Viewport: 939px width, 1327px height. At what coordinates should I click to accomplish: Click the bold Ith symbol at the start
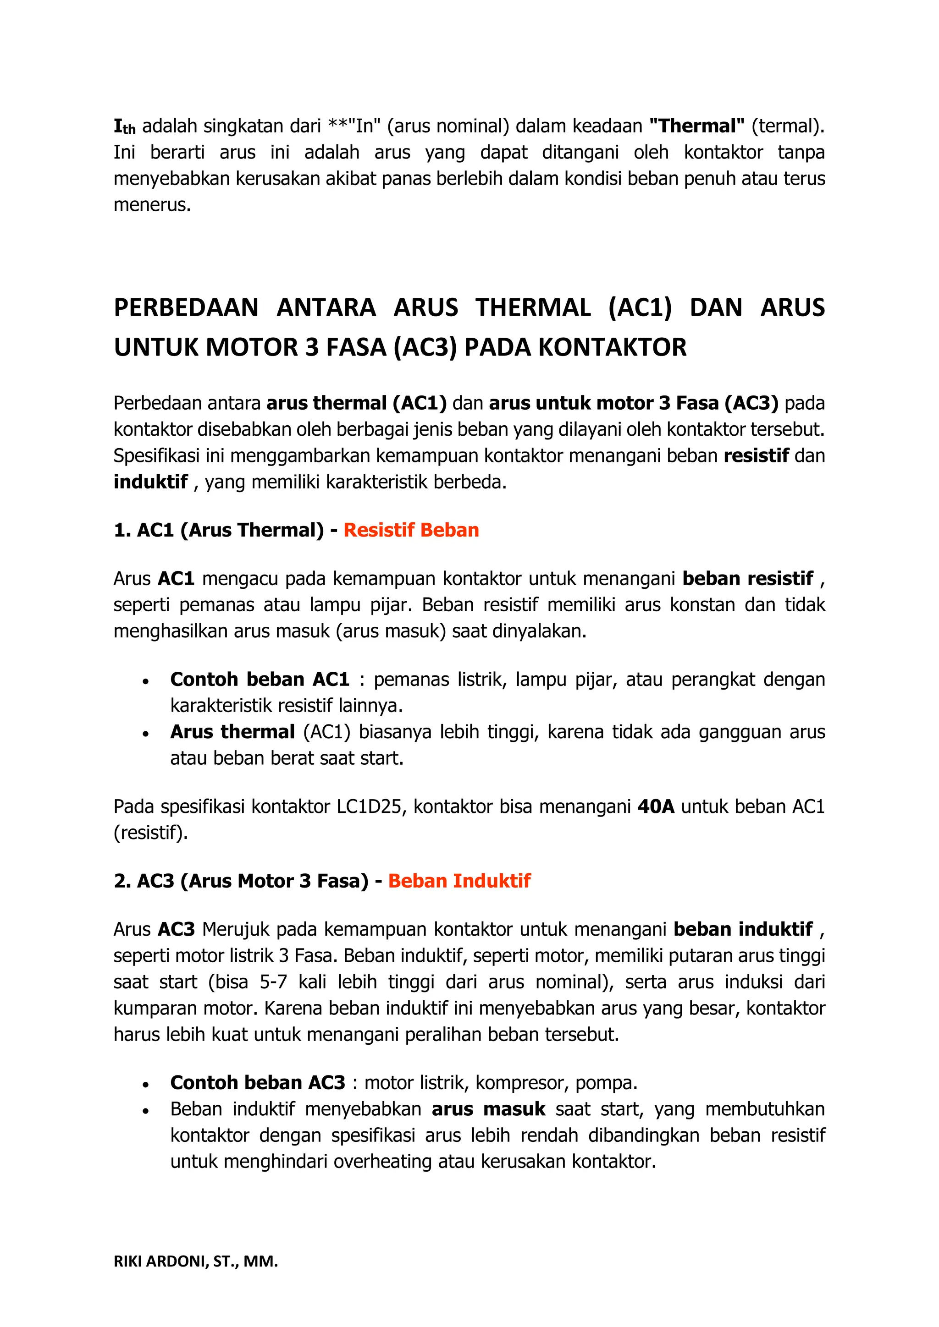(x=124, y=126)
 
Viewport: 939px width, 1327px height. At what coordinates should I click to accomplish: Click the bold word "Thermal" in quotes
(x=697, y=126)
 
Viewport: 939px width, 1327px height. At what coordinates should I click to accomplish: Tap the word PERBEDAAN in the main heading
(x=186, y=307)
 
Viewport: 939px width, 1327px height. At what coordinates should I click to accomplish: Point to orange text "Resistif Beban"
(x=411, y=530)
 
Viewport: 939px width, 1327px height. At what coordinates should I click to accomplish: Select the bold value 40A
(x=656, y=806)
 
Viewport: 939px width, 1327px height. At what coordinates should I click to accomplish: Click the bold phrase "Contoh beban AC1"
(x=260, y=679)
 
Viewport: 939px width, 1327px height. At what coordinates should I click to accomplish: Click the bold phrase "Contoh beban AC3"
(x=257, y=1082)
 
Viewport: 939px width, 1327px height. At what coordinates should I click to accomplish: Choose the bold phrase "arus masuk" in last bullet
(x=488, y=1109)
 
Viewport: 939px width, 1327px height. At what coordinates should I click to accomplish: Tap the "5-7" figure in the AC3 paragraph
(x=273, y=982)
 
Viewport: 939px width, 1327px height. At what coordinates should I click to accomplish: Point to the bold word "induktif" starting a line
(x=150, y=482)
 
